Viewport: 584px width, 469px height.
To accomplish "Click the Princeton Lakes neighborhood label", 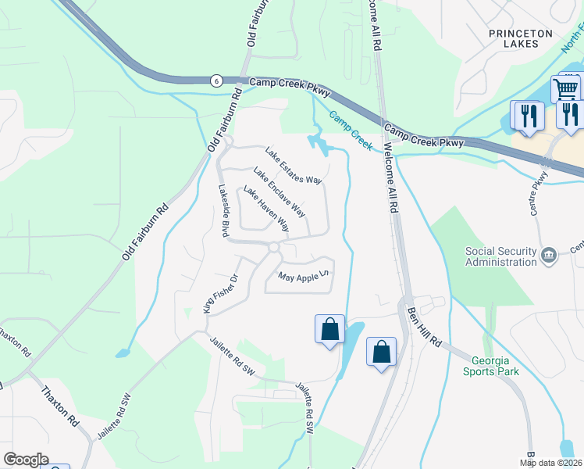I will [520, 38].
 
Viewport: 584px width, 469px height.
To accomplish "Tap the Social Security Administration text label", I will [500, 256].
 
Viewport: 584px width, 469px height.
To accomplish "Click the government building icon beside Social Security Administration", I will [549, 253].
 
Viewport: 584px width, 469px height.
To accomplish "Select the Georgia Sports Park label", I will [495, 366].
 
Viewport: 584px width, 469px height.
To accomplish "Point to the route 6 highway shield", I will [215, 80].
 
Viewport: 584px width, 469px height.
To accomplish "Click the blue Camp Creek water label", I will [351, 129].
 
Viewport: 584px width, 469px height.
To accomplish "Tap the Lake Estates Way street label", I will [294, 166].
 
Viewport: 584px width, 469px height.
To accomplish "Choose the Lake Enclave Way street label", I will [279, 192].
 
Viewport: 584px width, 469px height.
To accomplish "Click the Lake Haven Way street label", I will [265, 209].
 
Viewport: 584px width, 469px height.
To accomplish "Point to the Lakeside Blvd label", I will [223, 210].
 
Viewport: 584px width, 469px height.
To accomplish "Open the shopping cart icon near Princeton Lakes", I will [566, 87].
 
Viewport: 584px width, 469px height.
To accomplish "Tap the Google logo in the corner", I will [26, 460].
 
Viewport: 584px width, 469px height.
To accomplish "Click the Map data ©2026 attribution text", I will [551, 463].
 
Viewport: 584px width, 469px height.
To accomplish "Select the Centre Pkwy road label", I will [538, 202].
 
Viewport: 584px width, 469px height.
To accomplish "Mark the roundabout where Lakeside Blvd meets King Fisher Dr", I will [273, 248].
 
